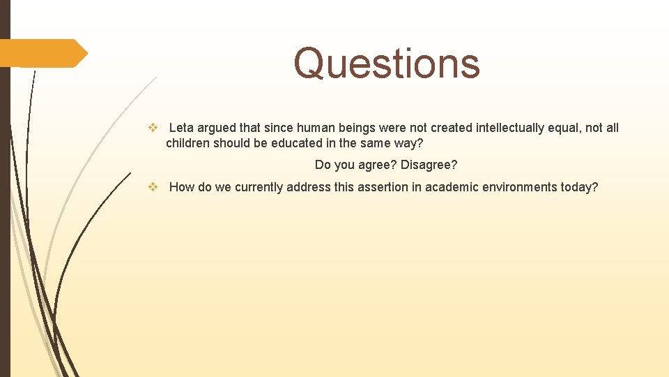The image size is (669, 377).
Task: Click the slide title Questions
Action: click(x=387, y=64)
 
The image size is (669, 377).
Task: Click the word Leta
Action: click(x=181, y=128)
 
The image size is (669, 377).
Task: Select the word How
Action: click(x=182, y=186)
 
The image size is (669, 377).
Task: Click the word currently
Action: click(x=260, y=186)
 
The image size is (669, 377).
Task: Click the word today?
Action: click(x=580, y=186)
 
